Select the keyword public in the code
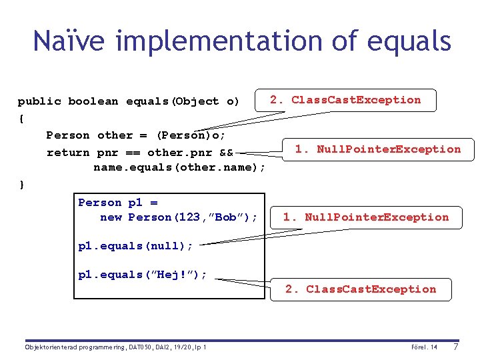click(39, 101)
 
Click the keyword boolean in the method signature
click(93, 101)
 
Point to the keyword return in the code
click(68, 152)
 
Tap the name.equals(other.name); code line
click(179, 167)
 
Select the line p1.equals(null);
click(135, 246)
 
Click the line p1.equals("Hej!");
click(143, 275)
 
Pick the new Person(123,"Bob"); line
click(178, 217)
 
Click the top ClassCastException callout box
click(345, 100)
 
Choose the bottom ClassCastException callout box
click(361, 289)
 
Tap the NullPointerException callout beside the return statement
click(378, 149)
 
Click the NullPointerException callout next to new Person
click(366, 217)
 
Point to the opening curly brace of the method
click(21, 118)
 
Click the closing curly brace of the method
click(21, 184)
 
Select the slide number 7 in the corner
click(455, 347)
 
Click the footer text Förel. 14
click(424, 347)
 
